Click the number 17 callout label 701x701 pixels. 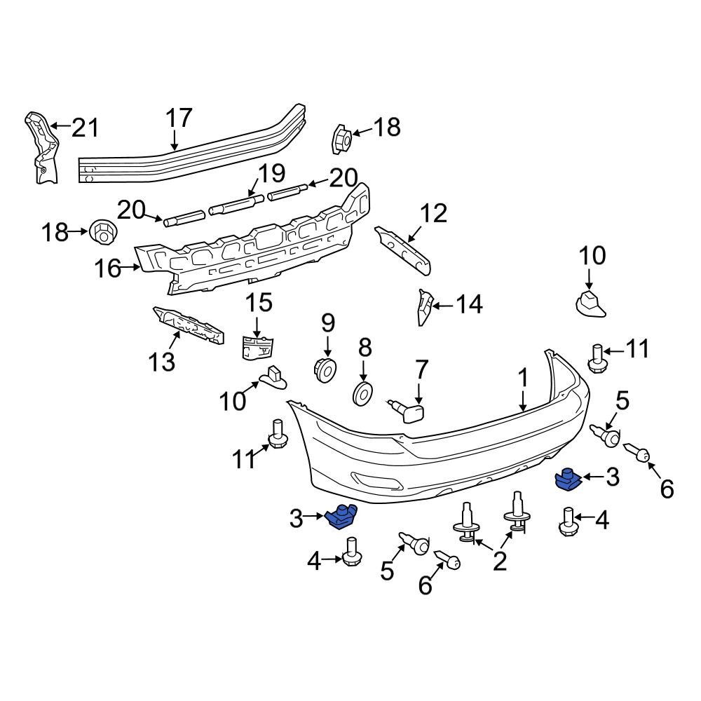pos(179,118)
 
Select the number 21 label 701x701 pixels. pos(85,128)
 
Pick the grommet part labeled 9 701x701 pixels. pos(325,369)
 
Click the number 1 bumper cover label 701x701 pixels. pos(522,379)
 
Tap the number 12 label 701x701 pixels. pos(433,213)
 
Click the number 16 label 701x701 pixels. pos(109,268)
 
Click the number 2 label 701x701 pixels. pos(499,561)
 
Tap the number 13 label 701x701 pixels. pos(163,362)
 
